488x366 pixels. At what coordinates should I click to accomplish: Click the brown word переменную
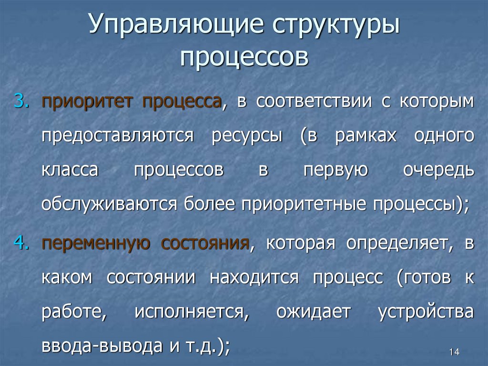[96, 243]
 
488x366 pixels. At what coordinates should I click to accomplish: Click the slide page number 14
[454, 352]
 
